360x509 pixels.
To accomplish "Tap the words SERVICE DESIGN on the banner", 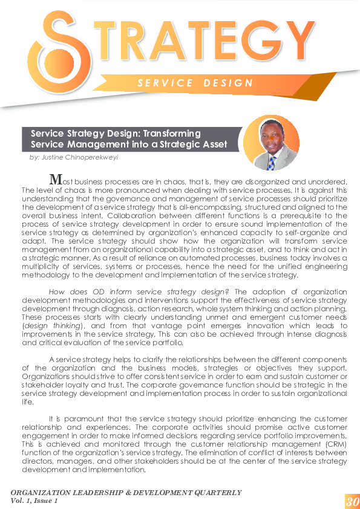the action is click(x=195, y=82).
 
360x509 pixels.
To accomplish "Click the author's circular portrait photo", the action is click(x=270, y=143).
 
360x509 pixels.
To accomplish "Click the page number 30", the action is click(x=352, y=501).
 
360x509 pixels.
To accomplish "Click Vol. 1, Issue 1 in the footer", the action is click(x=34, y=501).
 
